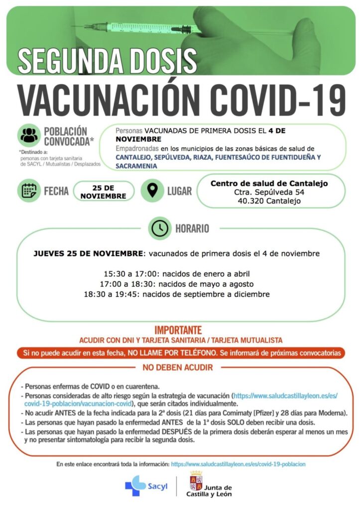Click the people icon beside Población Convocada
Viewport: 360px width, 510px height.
pyautogui.click(x=30, y=135)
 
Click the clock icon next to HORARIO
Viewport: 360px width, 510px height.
pyautogui.click(x=160, y=229)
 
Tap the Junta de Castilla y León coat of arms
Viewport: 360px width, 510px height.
pyautogui.click(x=196, y=482)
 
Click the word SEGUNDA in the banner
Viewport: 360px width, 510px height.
pyautogui.click(x=66, y=61)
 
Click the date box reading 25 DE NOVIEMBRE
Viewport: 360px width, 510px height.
pyautogui.click(x=104, y=192)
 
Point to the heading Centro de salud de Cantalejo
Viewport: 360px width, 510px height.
pyautogui.click(x=269, y=183)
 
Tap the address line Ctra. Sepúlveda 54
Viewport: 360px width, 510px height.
pyautogui.click(x=269, y=192)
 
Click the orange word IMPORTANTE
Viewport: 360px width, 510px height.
pyautogui.click(x=178, y=330)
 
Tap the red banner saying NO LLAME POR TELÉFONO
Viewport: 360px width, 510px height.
pyautogui.click(x=181, y=353)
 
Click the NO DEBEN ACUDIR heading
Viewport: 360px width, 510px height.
pyautogui.click(x=178, y=368)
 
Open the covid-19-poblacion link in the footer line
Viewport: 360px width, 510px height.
pyautogui.click(x=238, y=464)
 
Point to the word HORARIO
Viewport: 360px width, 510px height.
pyautogui.click(x=192, y=229)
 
